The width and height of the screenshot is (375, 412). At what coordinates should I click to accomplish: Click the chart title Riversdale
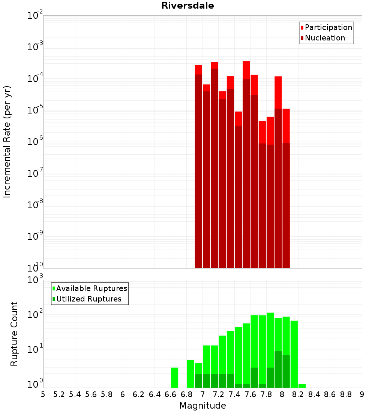[x=187, y=6]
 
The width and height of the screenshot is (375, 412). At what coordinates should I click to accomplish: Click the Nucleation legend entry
[x=324, y=38]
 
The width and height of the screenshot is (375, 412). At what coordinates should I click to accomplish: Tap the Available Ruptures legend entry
[x=91, y=288]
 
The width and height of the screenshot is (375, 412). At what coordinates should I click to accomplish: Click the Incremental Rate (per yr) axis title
[x=7, y=142]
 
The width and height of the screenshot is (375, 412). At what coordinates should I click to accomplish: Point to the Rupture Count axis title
[x=14, y=334]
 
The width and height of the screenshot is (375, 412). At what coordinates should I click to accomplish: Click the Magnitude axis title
[x=202, y=406]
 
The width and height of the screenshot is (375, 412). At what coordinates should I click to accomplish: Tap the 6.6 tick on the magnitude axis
[x=171, y=394]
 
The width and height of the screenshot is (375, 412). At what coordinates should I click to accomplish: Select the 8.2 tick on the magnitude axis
[x=298, y=394]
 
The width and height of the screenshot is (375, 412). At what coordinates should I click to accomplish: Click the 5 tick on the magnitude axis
[x=43, y=394]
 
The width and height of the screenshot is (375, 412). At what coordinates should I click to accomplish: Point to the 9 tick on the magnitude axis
[x=362, y=394]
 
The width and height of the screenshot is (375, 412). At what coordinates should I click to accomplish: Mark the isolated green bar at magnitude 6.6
[x=174, y=378]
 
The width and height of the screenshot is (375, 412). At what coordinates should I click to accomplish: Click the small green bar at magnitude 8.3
[x=302, y=386]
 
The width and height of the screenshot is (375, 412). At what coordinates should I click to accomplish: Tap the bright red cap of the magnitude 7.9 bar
[x=278, y=92]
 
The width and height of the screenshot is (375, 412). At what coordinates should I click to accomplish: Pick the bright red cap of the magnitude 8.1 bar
[x=286, y=125]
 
